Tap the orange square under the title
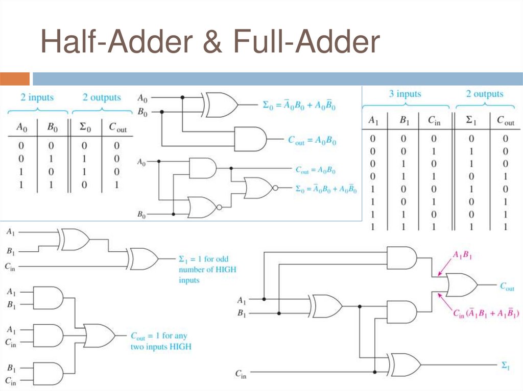(15, 79)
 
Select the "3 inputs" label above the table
(405, 94)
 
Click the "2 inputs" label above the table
(37, 97)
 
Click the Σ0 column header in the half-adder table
(83, 127)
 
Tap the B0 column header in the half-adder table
(52, 127)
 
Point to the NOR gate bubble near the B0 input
(219, 207)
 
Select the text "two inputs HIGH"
(161, 347)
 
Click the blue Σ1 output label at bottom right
(505, 365)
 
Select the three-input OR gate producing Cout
(100, 335)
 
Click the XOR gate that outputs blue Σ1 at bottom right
(405, 365)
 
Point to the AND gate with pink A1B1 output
(401, 258)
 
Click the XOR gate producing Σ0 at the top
(221, 105)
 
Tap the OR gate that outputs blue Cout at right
(461, 285)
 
